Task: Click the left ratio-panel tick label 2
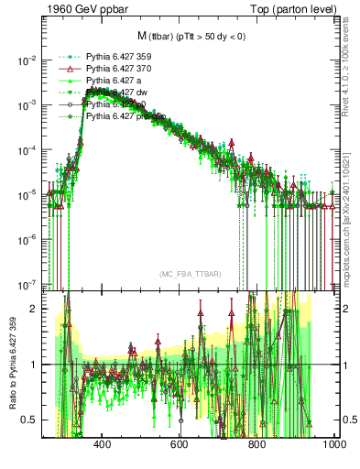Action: (x=37, y=309)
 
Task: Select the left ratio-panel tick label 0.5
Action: (x=33, y=420)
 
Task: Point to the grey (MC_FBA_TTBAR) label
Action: (x=189, y=275)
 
